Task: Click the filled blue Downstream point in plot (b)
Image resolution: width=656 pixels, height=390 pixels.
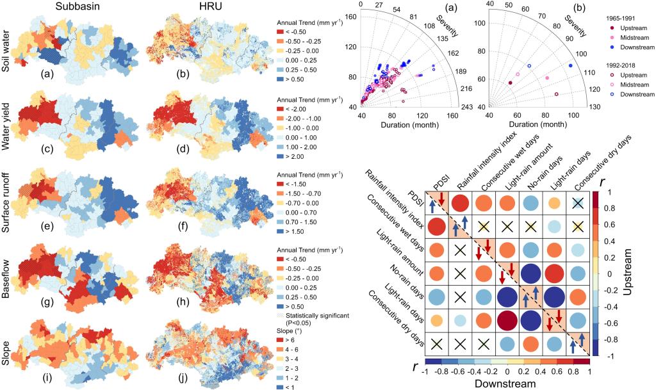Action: click(x=571, y=66)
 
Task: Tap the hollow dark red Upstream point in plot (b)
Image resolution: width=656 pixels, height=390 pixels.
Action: click(x=557, y=94)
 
